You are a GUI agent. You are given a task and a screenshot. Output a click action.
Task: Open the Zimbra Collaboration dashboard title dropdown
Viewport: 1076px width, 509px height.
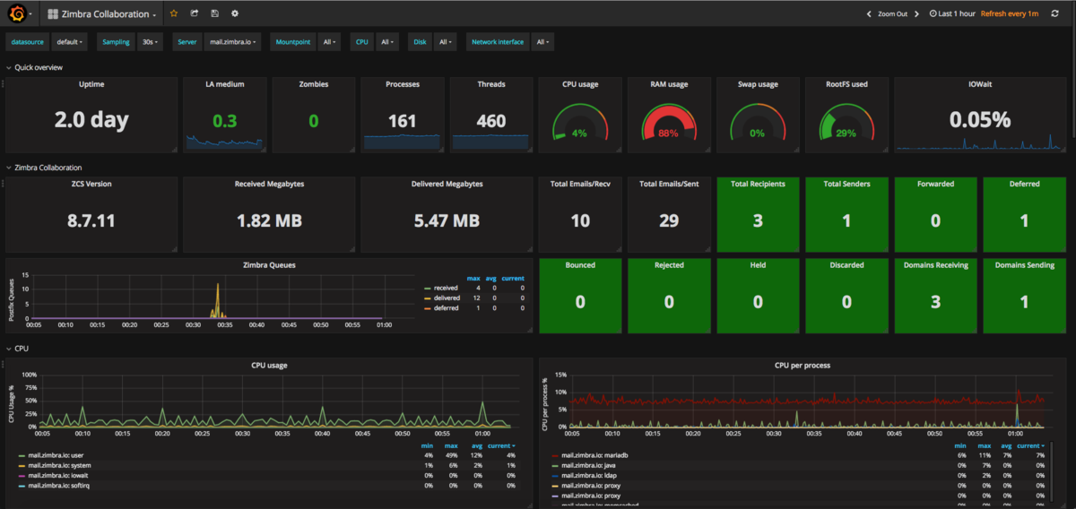coord(104,14)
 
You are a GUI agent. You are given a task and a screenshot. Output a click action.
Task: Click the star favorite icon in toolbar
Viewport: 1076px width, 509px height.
coord(174,13)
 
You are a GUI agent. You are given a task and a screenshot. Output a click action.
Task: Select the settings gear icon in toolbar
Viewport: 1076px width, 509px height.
coord(235,13)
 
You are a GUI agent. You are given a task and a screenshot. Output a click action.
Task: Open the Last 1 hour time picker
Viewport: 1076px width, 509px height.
coord(951,13)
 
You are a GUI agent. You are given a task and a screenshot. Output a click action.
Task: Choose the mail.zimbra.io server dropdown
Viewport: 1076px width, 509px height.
coord(233,42)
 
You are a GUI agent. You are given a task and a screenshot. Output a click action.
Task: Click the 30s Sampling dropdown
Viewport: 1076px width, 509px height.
coord(151,42)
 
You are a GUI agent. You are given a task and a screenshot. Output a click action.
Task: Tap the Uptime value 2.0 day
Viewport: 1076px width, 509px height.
coord(91,119)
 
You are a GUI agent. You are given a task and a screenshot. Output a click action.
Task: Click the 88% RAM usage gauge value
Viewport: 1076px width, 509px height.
coord(668,134)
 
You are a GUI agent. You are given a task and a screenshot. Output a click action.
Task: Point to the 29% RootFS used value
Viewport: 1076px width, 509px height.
coord(846,134)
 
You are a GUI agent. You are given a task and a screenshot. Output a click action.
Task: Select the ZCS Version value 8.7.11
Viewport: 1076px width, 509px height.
coord(91,220)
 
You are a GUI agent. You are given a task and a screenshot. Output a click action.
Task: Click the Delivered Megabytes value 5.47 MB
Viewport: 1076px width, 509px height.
coord(447,220)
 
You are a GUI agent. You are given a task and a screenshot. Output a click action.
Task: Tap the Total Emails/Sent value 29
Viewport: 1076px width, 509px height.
coord(668,220)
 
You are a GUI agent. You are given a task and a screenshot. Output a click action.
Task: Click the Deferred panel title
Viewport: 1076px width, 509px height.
coord(1024,184)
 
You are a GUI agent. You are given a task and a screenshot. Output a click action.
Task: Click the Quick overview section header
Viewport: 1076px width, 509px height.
coord(39,67)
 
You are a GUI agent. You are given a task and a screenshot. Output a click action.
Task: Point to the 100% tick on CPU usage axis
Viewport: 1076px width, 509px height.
coord(29,375)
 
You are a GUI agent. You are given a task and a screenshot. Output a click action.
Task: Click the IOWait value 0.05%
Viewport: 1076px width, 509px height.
coord(980,119)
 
